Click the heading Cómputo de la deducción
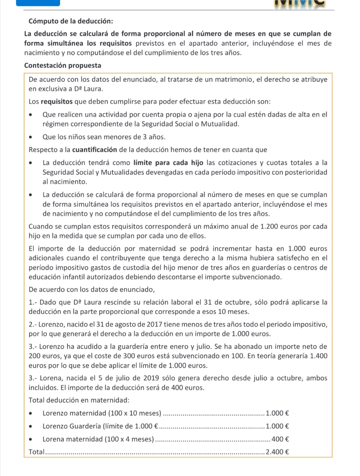click(x=71, y=21)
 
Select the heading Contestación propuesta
click(x=63, y=65)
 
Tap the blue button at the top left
click(x=38, y=3)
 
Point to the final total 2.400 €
click(x=277, y=452)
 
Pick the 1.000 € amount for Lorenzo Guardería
click(x=277, y=426)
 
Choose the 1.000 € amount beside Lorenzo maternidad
click(x=277, y=413)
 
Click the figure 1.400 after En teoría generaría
click(x=319, y=356)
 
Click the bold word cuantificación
click(x=94, y=150)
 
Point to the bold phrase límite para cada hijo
click(x=169, y=163)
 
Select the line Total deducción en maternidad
click(x=79, y=400)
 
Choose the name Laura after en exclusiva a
click(x=93, y=89)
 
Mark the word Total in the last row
click(x=36, y=452)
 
